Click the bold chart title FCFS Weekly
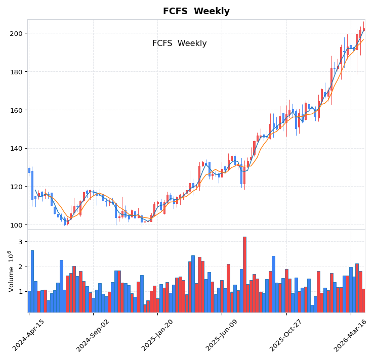click(x=196, y=11)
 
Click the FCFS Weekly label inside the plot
click(x=179, y=43)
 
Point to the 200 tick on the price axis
click(x=16, y=33)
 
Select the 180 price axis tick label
click(x=16, y=72)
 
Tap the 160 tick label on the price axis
click(x=16, y=110)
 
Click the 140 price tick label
click(x=16, y=148)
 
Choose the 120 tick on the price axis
click(x=16, y=187)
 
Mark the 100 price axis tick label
click(x=16, y=225)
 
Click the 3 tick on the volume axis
click(x=21, y=242)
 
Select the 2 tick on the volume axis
click(x=21, y=266)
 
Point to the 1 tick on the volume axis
click(x=21, y=291)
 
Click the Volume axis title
click(x=11, y=271)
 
